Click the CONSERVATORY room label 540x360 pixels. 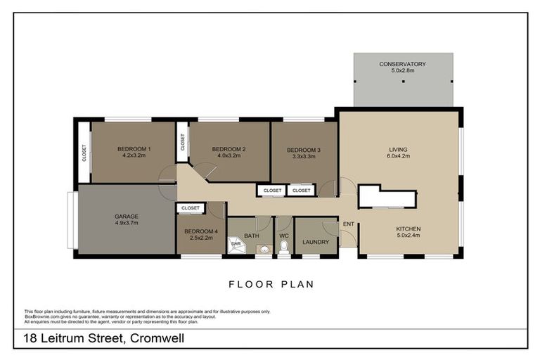402,64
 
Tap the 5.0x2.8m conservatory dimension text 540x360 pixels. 402,70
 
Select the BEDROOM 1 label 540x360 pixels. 134,148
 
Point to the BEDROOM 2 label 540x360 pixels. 229,148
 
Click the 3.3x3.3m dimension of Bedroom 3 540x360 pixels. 304,157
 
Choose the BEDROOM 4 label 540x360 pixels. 201,231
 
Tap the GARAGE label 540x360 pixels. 127,217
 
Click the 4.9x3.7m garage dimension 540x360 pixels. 127,224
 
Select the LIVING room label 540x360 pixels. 399,149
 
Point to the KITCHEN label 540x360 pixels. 408,229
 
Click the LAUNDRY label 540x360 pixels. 316,243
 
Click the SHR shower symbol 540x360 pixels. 236,243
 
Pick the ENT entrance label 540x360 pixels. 347,224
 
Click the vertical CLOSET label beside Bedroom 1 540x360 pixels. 84,153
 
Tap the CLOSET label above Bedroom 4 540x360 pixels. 190,208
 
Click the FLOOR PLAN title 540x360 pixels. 271,285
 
